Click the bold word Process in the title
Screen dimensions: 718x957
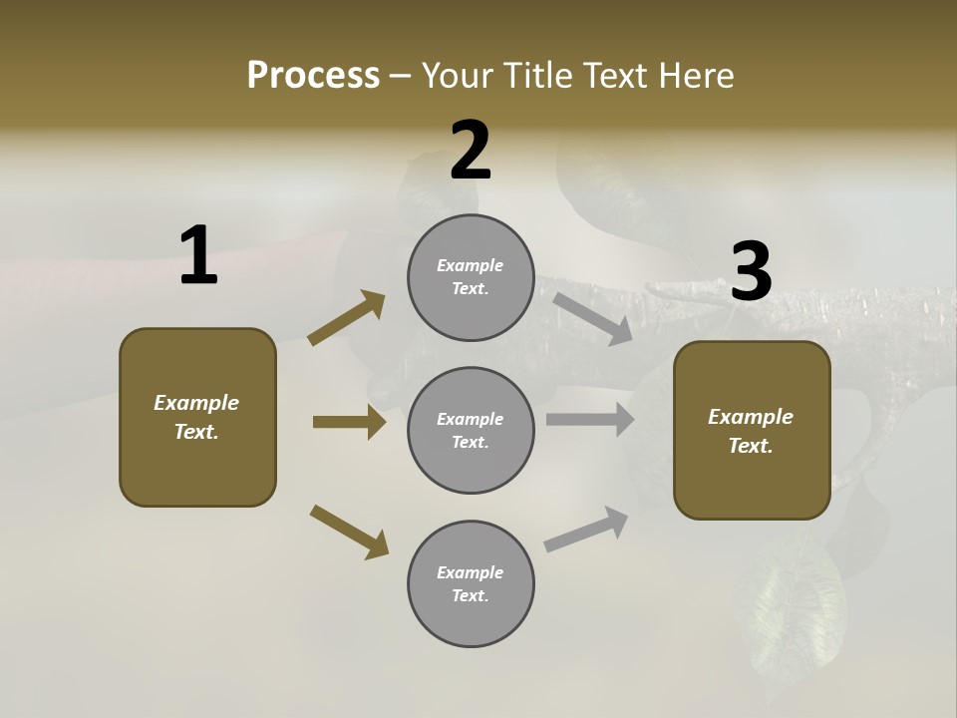[313, 76]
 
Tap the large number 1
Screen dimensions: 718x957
[198, 255]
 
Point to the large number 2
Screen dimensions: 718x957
[471, 151]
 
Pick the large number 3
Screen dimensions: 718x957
[751, 271]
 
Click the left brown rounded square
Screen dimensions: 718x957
[197, 417]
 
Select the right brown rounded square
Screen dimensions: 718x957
[752, 430]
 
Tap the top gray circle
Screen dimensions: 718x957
[471, 277]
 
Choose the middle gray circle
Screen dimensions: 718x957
[471, 430]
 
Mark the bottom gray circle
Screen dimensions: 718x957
[471, 583]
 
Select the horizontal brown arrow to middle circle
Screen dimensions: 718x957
[349, 422]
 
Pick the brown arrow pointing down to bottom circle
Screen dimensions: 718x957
[349, 532]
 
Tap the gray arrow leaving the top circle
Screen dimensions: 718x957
[592, 318]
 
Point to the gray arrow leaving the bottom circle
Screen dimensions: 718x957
[586, 530]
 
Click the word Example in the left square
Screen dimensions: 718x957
[196, 403]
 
